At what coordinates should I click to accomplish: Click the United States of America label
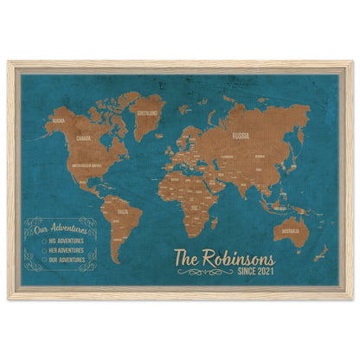pyautogui.click(x=87, y=163)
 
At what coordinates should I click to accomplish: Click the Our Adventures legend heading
pyautogui.click(x=57, y=228)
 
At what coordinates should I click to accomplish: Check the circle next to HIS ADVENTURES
pyautogui.click(x=41, y=239)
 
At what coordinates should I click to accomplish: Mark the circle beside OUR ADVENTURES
pyautogui.click(x=41, y=257)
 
